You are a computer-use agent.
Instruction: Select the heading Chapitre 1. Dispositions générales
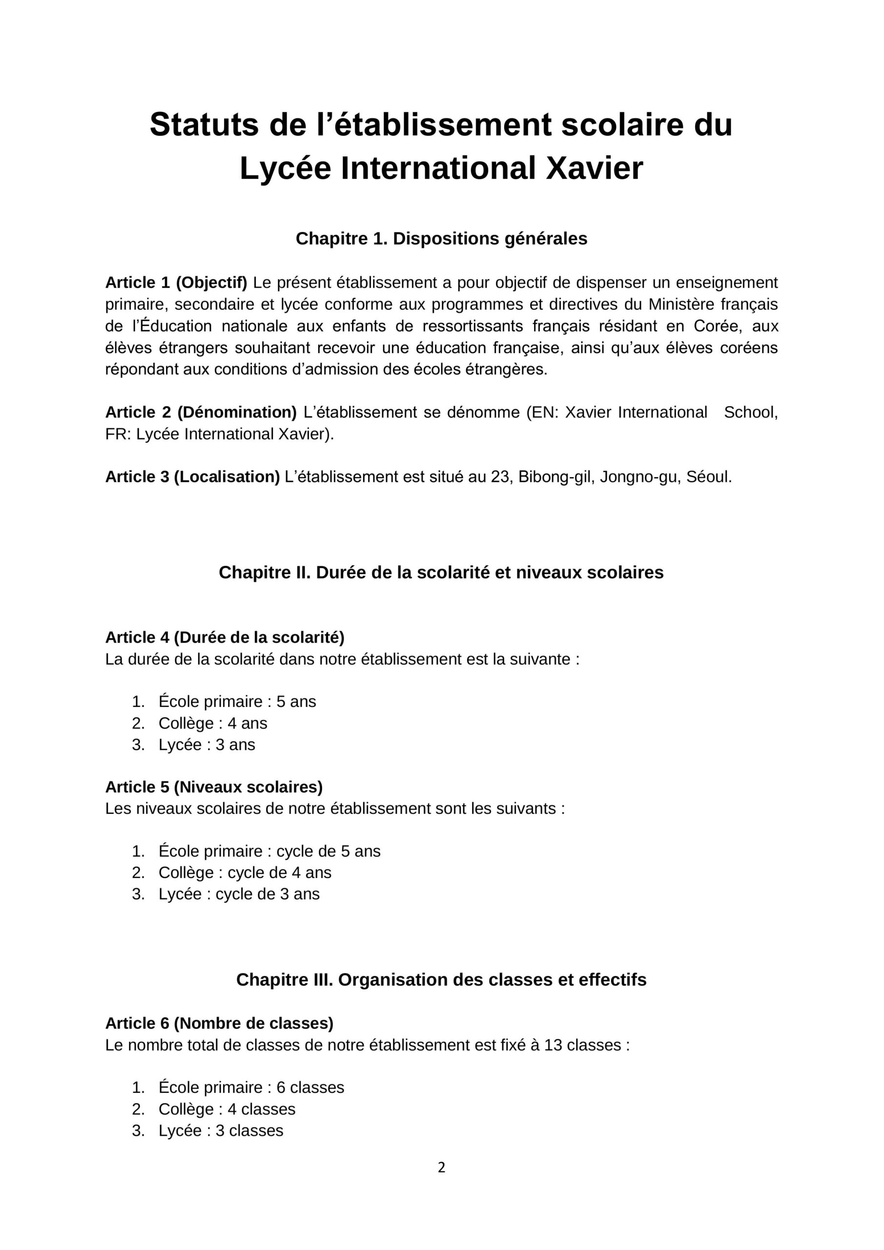pos(441,238)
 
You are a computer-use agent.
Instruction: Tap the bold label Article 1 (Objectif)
pos(176,283)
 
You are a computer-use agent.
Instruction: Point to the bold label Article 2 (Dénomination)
pos(201,412)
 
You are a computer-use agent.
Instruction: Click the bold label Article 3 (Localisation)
pos(192,477)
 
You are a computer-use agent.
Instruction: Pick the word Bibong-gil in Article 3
pos(555,477)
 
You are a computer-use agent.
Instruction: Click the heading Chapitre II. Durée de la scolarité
pos(441,572)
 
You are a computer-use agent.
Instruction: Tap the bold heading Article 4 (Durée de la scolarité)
pos(225,637)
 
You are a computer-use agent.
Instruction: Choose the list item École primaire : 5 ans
pos(237,701)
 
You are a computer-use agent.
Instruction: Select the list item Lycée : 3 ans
pos(207,744)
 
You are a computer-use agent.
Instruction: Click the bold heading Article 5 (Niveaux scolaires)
pos(214,787)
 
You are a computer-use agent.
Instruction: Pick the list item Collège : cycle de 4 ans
pos(245,872)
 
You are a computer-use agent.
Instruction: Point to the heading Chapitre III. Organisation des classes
pos(441,979)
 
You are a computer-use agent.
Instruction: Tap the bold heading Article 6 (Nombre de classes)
pos(219,1023)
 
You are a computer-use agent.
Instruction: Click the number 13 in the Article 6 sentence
pos(553,1045)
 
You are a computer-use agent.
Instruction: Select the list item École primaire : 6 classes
pos(251,1087)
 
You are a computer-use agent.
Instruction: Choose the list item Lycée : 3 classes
pos(221,1130)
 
